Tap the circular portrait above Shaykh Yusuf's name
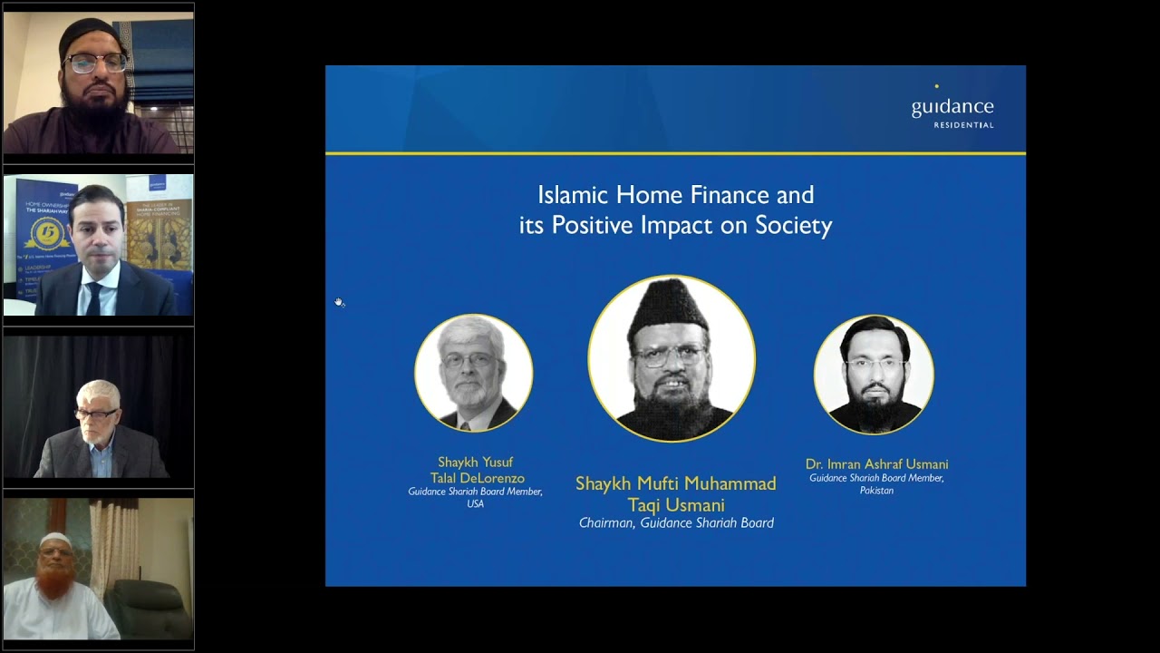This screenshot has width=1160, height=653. (473, 373)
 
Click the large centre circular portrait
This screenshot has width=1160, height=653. (672, 358)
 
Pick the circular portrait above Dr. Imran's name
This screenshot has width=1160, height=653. (874, 375)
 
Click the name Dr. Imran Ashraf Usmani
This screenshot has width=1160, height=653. (876, 464)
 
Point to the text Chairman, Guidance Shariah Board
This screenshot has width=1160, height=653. (676, 523)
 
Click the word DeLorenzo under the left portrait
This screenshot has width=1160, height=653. (494, 478)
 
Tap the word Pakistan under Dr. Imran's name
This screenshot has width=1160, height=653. (876, 491)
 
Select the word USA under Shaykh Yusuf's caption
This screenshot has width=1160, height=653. (475, 504)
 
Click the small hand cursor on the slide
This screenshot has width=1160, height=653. (339, 302)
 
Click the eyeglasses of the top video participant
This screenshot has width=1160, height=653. (97, 63)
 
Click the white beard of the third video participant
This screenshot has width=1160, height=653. (97, 436)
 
